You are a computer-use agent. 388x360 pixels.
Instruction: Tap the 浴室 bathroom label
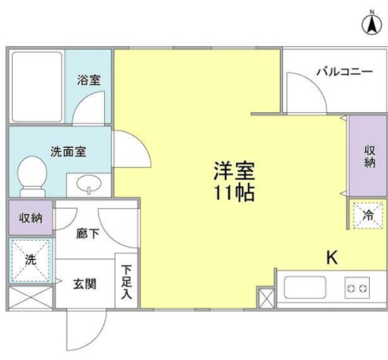pos(88,80)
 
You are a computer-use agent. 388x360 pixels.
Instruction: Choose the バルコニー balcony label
pos(343,72)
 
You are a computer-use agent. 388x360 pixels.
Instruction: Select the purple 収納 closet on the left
pos(31,217)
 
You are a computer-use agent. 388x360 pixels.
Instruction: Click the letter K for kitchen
pos(332,257)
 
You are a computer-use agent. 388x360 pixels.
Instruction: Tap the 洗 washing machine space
pos(31,259)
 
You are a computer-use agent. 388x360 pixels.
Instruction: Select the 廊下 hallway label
pos(87,234)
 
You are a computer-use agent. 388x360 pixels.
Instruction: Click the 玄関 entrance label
pos(86,284)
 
